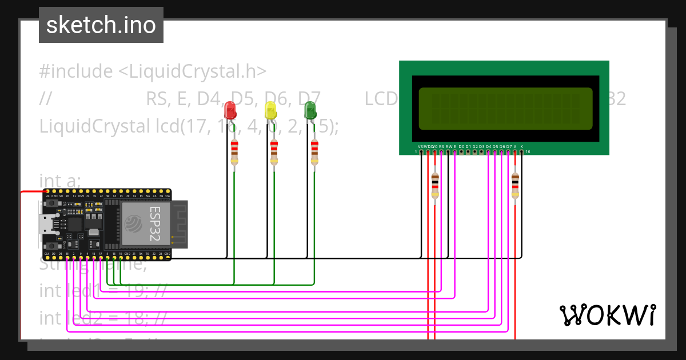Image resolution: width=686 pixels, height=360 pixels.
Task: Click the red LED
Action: pyautogui.click(x=230, y=110)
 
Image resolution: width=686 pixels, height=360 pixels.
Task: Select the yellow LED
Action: pyautogui.click(x=270, y=110)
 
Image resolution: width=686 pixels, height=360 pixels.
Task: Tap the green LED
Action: pyautogui.click(x=310, y=110)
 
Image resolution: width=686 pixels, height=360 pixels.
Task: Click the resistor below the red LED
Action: pyautogui.click(x=234, y=151)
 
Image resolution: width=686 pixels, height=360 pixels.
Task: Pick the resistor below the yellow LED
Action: pyautogui.click(x=274, y=151)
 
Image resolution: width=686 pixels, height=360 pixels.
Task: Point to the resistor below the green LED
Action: pyautogui.click(x=314, y=151)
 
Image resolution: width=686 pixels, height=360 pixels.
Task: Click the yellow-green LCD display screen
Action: pyautogui.click(x=505, y=108)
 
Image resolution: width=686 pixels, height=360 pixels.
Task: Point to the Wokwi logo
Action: pyautogui.click(x=607, y=315)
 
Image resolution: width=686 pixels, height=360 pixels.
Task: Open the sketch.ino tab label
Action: pyautogui.click(x=101, y=25)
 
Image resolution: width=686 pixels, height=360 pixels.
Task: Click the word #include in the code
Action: pyautogui.click(x=76, y=71)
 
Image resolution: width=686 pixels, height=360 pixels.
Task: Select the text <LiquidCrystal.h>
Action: pyautogui.click(x=192, y=71)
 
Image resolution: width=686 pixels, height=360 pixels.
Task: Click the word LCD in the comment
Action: pyautogui.click(x=381, y=99)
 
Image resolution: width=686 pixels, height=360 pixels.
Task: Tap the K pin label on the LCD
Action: pyautogui.click(x=521, y=147)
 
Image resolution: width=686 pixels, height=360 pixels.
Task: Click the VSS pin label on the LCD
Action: pyautogui.click(x=421, y=147)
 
